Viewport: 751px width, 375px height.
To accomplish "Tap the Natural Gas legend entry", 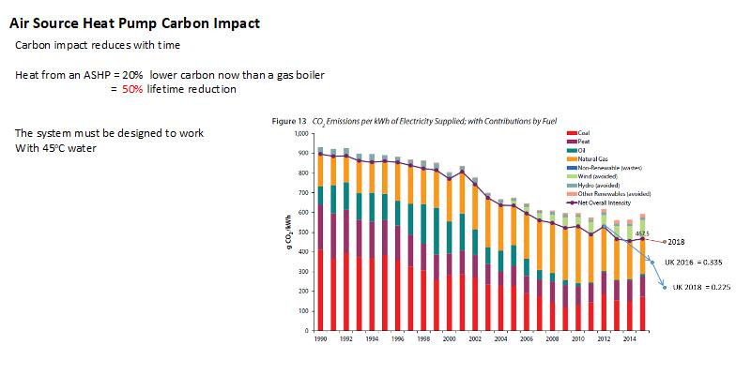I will tap(592, 161).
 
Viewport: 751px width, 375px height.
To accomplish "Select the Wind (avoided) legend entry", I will tap(594, 177).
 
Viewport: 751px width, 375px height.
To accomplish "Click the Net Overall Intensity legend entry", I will tap(603, 202).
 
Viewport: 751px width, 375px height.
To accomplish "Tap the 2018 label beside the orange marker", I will tap(678, 242).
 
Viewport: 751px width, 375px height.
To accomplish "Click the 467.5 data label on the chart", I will tap(643, 233).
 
